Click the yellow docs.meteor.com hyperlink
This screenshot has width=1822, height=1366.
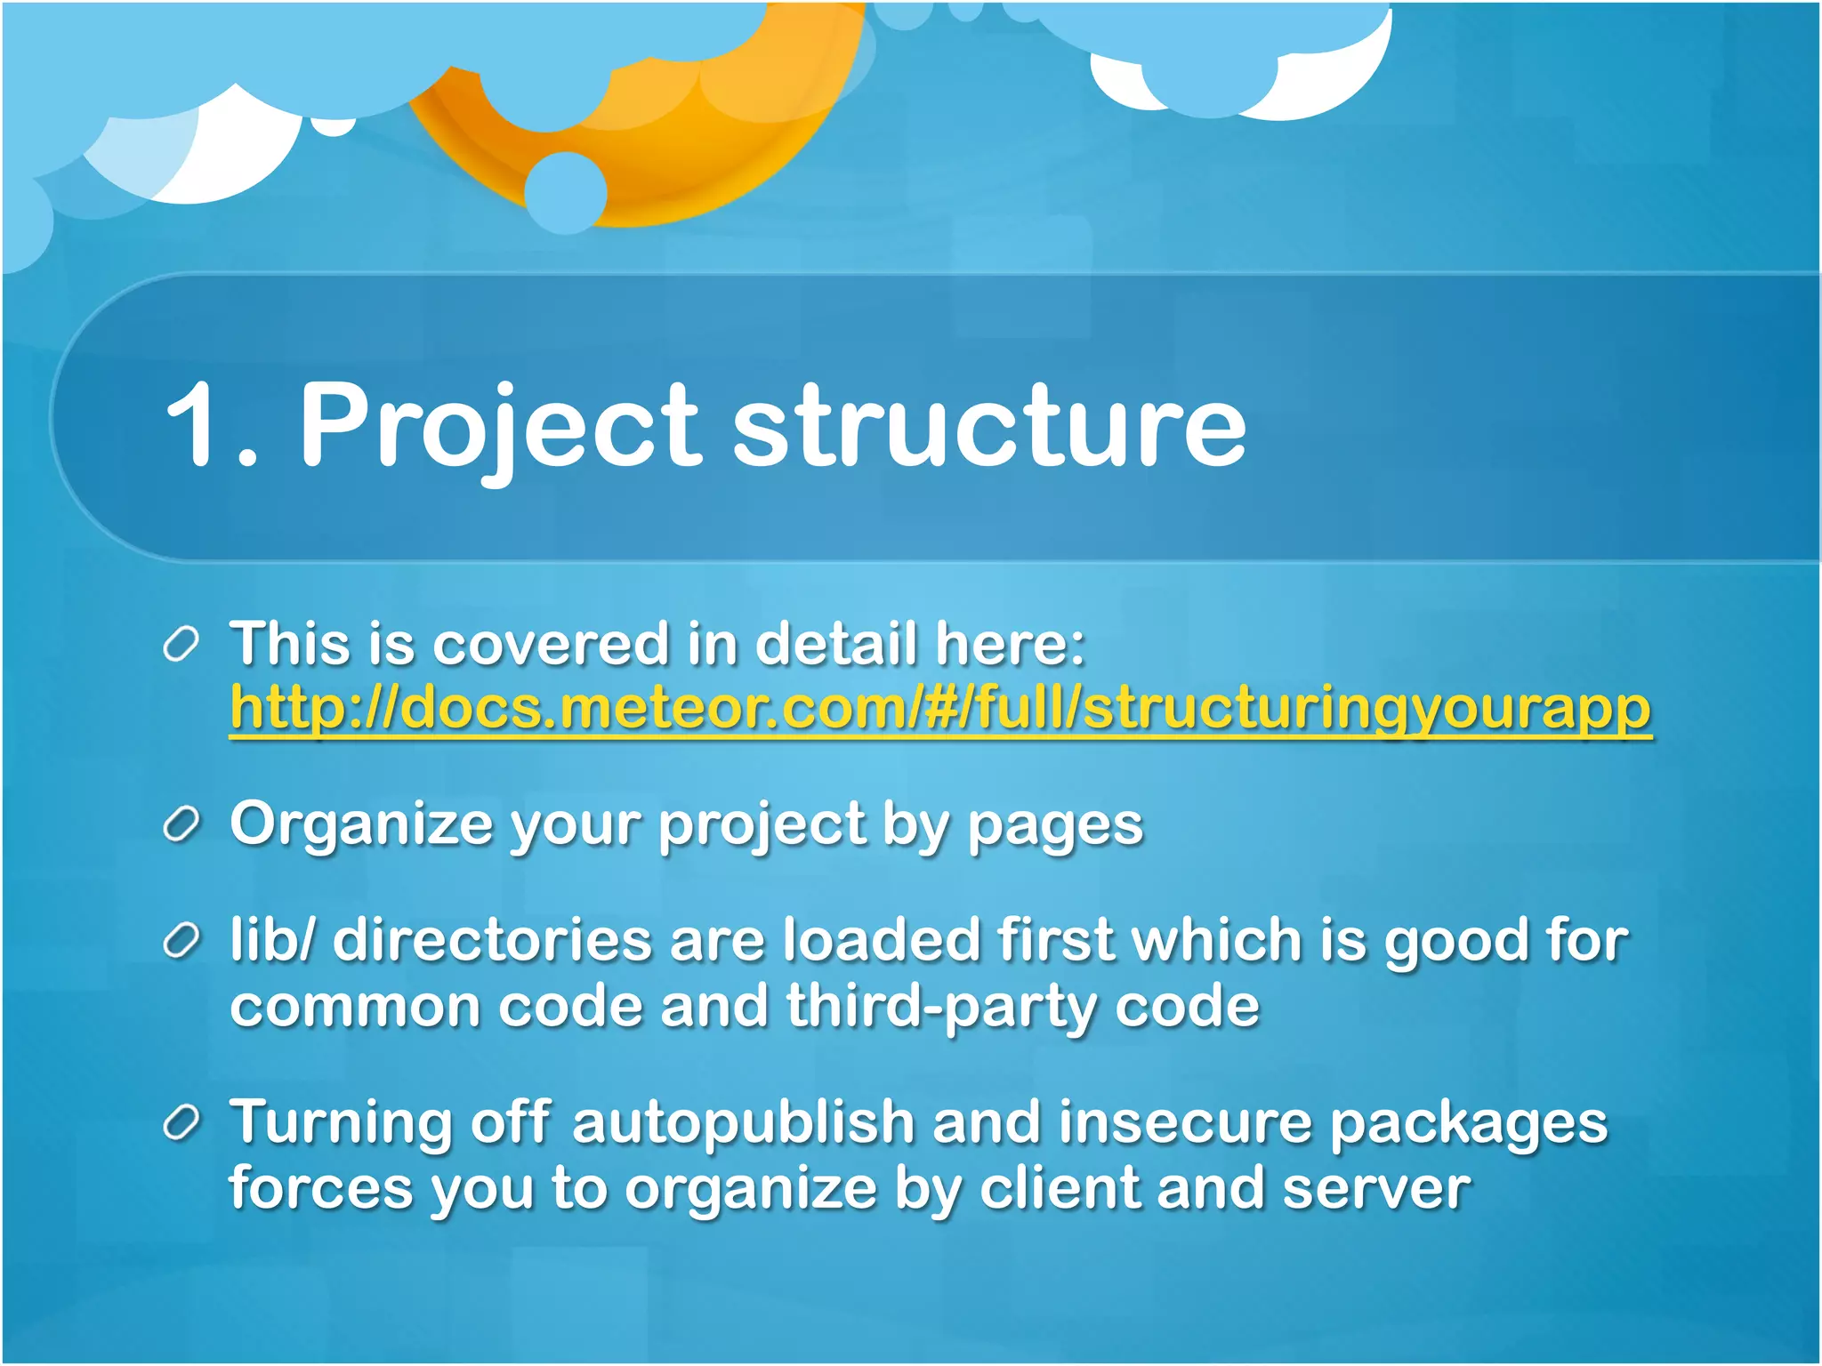(x=939, y=709)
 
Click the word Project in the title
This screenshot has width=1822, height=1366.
(x=500, y=424)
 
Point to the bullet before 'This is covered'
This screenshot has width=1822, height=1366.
(x=181, y=644)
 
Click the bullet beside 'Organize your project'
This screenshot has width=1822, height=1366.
(x=181, y=825)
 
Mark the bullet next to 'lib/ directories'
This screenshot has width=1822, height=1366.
(x=181, y=941)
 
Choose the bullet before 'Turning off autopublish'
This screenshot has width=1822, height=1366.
(x=181, y=1123)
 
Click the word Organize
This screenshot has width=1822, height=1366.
(x=360, y=825)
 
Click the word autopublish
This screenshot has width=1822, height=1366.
(x=743, y=1124)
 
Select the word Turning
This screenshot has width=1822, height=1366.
(x=341, y=1124)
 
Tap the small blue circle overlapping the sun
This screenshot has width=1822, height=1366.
(x=566, y=192)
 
